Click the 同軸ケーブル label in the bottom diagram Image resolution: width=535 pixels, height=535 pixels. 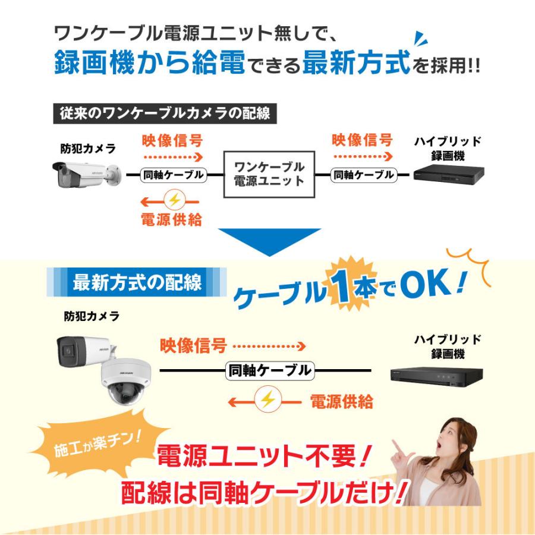(269, 371)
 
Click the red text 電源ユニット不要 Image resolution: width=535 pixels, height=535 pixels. (259, 457)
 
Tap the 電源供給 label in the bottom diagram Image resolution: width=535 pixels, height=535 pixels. (342, 402)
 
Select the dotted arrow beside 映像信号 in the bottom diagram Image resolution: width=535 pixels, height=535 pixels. (269, 346)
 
